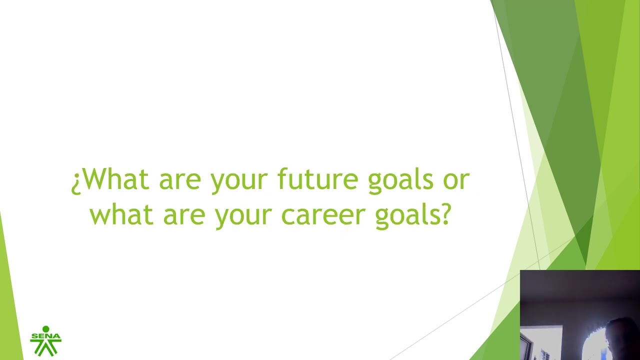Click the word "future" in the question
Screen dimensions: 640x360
point(317,179)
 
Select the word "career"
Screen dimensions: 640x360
point(323,214)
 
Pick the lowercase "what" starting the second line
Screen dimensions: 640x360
point(121,214)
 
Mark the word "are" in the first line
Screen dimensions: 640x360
point(180,180)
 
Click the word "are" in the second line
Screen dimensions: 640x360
point(184,216)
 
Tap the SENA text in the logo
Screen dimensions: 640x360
point(45,335)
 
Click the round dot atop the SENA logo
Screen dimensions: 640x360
point(45,329)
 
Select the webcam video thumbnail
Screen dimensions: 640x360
point(580,315)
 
